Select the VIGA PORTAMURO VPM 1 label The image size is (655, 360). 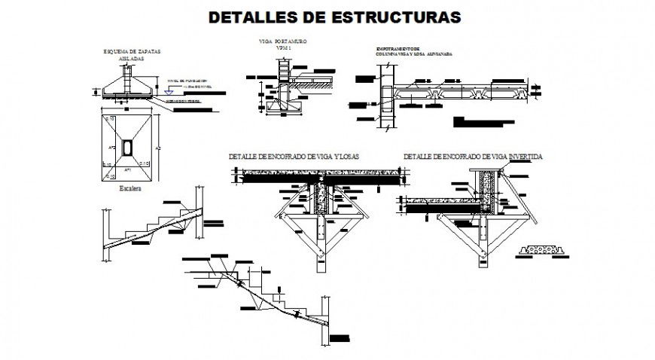pos(282,45)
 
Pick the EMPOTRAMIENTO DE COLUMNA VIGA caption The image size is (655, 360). pos(407,52)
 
